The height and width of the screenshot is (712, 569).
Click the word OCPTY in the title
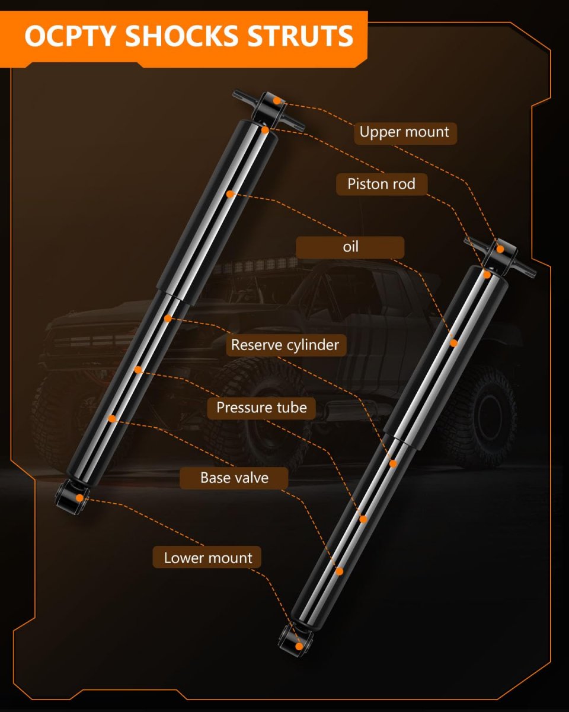pyautogui.click(x=71, y=36)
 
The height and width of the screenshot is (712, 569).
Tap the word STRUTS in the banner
pyautogui.click(x=300, y=36)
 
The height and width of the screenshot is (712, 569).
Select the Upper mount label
pyautogui.click(x=405, y=133)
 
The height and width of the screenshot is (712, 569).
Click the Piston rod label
pyautogui.click(x=382, y=184)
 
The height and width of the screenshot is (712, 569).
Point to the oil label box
pyautogui.click(x=350, y=247)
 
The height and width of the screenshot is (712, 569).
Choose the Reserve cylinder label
pyautogui.click(x=286, y=345)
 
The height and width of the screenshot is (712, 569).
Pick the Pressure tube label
pyautogui.click(x=261, y=408)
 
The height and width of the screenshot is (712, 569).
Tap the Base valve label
pyautogui.click(x=234, y=478)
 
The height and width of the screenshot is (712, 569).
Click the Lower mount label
pyautogui.click(x=207, y=558)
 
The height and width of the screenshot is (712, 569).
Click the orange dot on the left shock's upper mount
pyautogui.click(x=277, y=101)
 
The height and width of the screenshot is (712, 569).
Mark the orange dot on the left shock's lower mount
pyautogui.click(x=79, y=498)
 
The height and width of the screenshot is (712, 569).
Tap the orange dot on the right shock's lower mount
pyautogui.click(x=299, y=647)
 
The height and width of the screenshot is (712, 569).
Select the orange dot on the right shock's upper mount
pyautogui.click(x=500, y=249)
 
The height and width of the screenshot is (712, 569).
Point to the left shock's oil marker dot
pyautogui.click(x=230, y=194)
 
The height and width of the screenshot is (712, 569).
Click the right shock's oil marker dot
pyautogui.click(x=454, y=343)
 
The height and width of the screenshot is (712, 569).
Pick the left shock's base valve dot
pyautogui.click(x=112, y=419)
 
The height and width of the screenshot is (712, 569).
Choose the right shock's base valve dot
pyautogui.click(x=340, y=571)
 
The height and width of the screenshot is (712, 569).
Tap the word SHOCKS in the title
pyautogui.click(x=181, y=36)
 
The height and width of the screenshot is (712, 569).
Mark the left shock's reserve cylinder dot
pyautogui.click(x=168, y=318)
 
